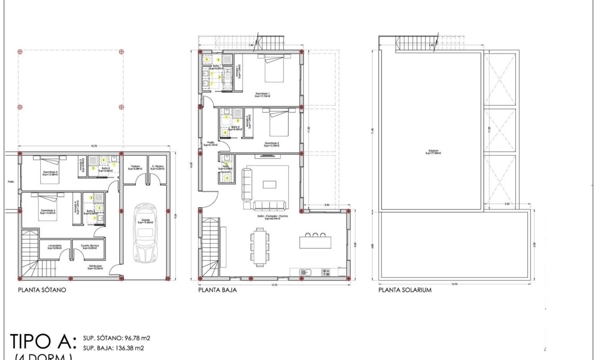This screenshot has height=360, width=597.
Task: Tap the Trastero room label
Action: click(x=135, y=167)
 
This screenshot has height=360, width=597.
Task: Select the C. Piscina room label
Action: click(x=158, y=167)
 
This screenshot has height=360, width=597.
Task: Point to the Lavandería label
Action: click(x=54, y=246)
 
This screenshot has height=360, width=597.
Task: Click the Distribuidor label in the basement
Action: click(x=95, y=268)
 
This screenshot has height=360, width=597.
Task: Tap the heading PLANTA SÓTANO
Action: click(x=41, y=290)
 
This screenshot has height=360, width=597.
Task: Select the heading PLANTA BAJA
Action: click(x=217, y=290)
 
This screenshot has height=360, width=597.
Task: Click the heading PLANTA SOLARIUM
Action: click(x=405, y=290)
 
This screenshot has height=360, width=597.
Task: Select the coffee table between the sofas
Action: click(x=270, y=185)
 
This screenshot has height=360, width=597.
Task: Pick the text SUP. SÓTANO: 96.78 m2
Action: click(x=116, y=338)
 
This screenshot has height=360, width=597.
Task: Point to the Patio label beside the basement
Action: click(x=11, y=182)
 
